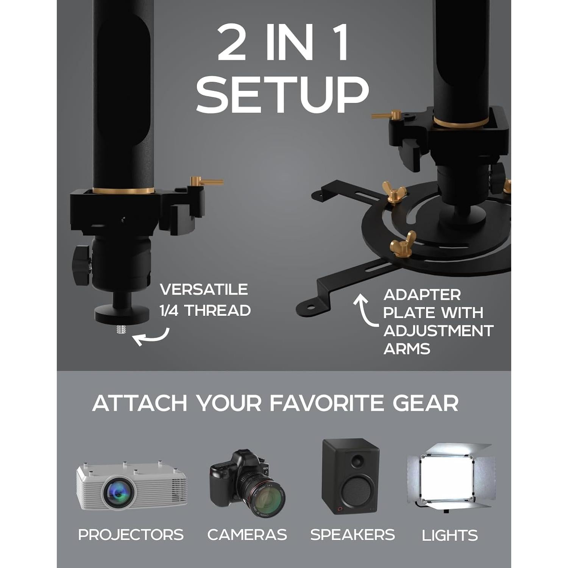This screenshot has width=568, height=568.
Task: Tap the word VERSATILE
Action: point(204,290)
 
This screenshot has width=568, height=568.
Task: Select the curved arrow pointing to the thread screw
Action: point(151,337)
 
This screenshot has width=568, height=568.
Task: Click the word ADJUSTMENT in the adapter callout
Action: point(438,331)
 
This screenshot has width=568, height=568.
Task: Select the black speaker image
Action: point(350,476)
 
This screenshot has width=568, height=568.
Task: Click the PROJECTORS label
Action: point(131,535)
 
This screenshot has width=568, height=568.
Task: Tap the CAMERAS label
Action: point(247,535)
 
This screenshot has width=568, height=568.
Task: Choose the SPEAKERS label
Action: point(352,535)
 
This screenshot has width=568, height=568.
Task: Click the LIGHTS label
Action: point(450,535)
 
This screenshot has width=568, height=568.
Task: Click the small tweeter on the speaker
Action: point(356,461)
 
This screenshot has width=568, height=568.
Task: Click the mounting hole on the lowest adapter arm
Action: point(311,307)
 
